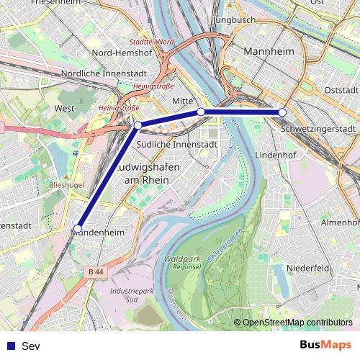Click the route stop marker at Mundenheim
pyautogui.click(x=78, y=229)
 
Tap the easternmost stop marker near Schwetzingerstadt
pyautogui.click(x=282, y=112)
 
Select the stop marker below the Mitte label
pyautogui.click(x=201, y=112)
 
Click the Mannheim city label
pyautogui.click(x=271, y=53)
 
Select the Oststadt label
pyautogui.click(x=341, y=90)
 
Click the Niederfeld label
pyautogui.click(x=307, y=267)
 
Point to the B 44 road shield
pyautogui.click(x=96, y=271)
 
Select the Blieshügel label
pyautogui.click(x=66, y=185)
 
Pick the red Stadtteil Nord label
pyautogui.click(x=151, y=42)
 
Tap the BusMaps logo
pyautogui.click(x=325, y=346)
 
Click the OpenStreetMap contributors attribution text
pyautogui.click(x=297, y=323)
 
